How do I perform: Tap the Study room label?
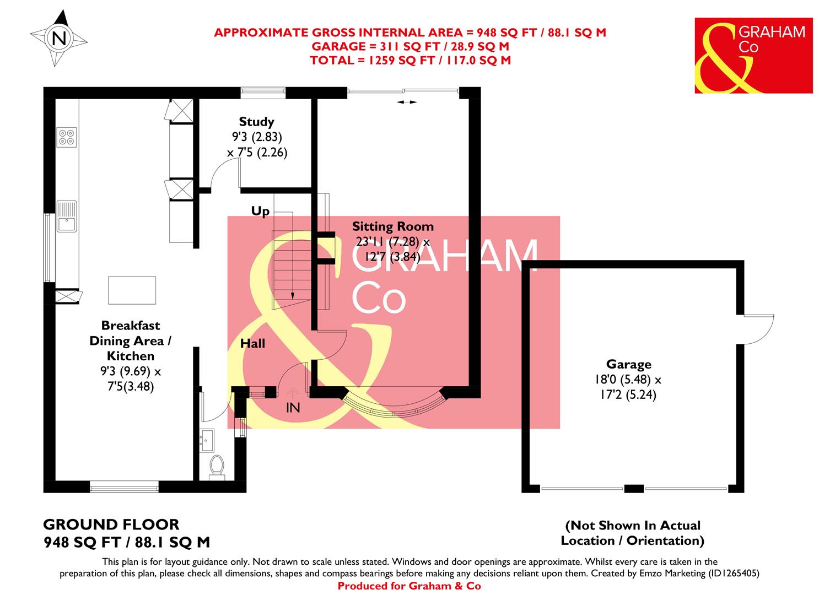[256, 122]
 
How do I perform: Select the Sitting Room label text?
[392, 226]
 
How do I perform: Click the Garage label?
[628, 364]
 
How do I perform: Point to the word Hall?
[252, 344]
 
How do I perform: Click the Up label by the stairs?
[260, 211]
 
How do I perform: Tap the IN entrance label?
[293, 408]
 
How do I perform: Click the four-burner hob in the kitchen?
[67, 137]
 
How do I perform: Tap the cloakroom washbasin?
[208, 440]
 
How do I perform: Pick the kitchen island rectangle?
[132, 290]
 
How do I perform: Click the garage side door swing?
[759, 331]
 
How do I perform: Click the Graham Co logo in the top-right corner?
[753, 55]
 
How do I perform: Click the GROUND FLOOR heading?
[111, 524]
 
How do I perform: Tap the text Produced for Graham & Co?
[409, 586]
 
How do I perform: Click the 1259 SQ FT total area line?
[410, 60]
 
